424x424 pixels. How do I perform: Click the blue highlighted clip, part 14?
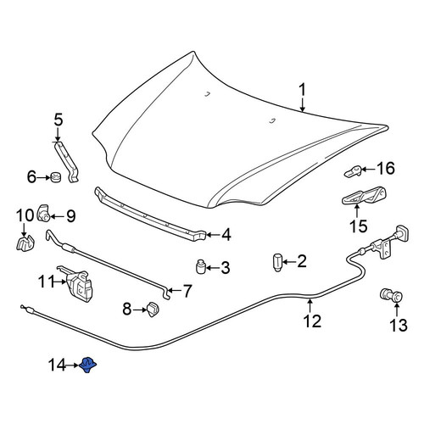(x=88, y=365)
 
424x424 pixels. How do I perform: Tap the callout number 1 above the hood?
(x=303, y=90)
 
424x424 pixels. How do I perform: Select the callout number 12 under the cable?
(x=312, y=321)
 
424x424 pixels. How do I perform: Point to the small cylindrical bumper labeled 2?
(x=277, y=262)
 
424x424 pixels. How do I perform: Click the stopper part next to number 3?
(x=200, y=266)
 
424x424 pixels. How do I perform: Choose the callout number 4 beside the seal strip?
(x=226, y=235)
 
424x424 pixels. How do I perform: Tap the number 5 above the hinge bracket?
(x=58, y=120)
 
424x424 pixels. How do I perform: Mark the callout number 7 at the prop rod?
(x=187, y=291)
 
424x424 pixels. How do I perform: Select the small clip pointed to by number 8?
(x=153, y=310)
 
